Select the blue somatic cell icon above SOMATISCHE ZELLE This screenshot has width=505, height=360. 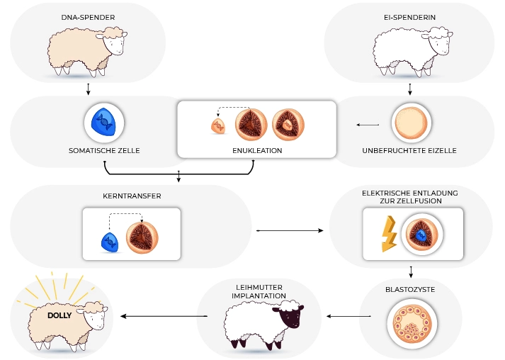[103, 123]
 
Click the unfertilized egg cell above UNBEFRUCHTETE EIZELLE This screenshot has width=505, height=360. [409, 123]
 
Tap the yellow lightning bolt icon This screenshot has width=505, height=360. [389, 234]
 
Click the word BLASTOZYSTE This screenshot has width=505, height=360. [411, 290]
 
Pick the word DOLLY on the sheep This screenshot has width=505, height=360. [61, 316]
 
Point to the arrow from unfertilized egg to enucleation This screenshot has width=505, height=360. [368, 125]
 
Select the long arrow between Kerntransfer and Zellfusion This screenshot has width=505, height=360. [291, 230]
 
